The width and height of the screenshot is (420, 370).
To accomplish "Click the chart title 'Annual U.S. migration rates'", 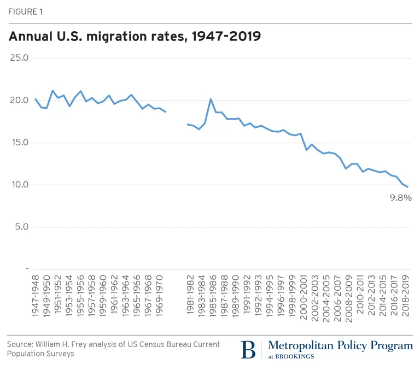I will click(x=133, y=37).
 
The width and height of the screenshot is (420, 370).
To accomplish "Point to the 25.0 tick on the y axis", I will click(x=19, y=58).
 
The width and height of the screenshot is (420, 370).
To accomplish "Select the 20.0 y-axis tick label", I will click(x=19, y=101).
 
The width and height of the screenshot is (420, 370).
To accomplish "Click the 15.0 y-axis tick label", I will click(x=19, y=143).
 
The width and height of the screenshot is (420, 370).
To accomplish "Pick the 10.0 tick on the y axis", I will click(x=19, y=185).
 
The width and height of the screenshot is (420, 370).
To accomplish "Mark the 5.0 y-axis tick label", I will click(x=21, y=227).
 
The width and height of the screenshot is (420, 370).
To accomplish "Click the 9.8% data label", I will click(x=401, y=198).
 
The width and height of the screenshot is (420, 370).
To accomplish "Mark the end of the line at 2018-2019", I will click(x=407, y=187).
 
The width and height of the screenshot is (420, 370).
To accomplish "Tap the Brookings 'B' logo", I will click(x=248, y=350).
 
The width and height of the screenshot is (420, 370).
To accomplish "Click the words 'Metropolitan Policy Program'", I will click(x=340, y=345).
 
